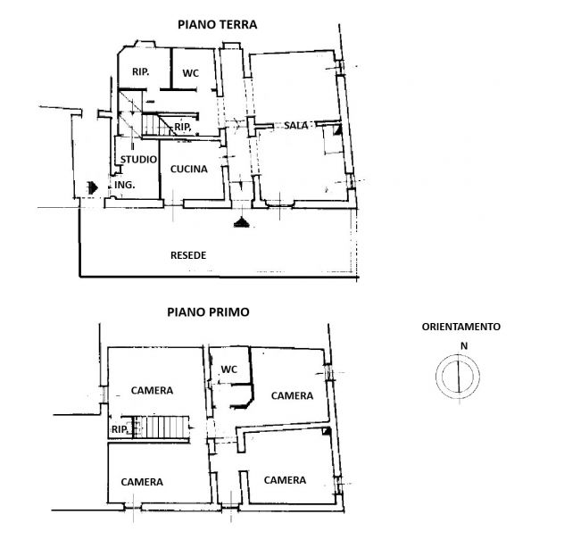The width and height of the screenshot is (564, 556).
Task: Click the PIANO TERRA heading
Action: (x=217, y=24)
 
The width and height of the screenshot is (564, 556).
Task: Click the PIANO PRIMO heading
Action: (x=208, y=311)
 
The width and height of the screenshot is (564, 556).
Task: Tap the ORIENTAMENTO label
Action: (x=460, y=327)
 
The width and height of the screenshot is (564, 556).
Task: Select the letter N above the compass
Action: (x=464, y=346)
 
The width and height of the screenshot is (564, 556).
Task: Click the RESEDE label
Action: (x=188, y=255)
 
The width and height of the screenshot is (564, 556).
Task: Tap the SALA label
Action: (x=296, y=126)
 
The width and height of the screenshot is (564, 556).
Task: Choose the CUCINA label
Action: (x=189, y=169)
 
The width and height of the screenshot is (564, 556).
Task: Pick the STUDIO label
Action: (x=138, y=160)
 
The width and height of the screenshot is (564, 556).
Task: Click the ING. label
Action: (x=124, y=185)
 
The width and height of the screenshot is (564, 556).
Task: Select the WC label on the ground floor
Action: (x=190, y=73)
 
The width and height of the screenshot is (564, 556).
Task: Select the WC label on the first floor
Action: (x=229, y=369)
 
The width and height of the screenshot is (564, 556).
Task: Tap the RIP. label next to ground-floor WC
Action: (x=141, y=72)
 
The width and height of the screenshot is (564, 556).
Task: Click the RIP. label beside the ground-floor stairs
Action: (x=183, y=127)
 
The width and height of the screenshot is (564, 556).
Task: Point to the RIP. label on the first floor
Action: (x=120, y=429)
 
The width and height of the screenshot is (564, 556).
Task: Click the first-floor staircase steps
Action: (x=162, y=427)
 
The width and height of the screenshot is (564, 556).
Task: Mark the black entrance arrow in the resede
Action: (x=241, y=222)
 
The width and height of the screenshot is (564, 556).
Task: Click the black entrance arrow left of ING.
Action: (x=93, y=187)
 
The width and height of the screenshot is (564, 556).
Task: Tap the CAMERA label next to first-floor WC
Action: (x=292, y=396)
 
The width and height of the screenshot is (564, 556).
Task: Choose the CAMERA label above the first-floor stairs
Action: (x=152, y=391)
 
